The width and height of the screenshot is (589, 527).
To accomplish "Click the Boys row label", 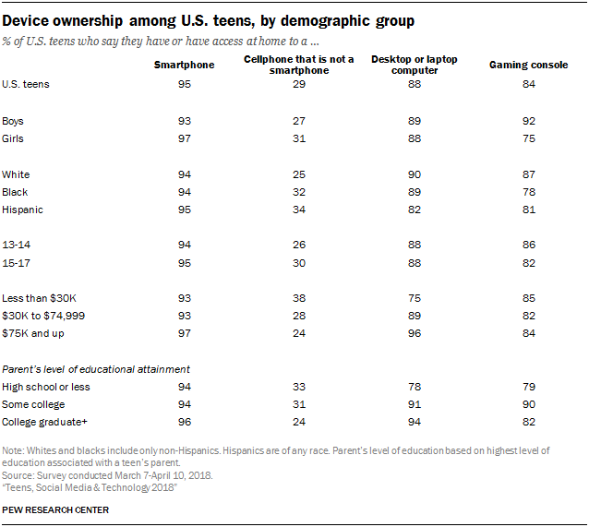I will pyautogui.click(x=15, y=121).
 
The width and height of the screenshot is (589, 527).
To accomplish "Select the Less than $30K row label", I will pyautogui.click(x=39, y=298).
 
